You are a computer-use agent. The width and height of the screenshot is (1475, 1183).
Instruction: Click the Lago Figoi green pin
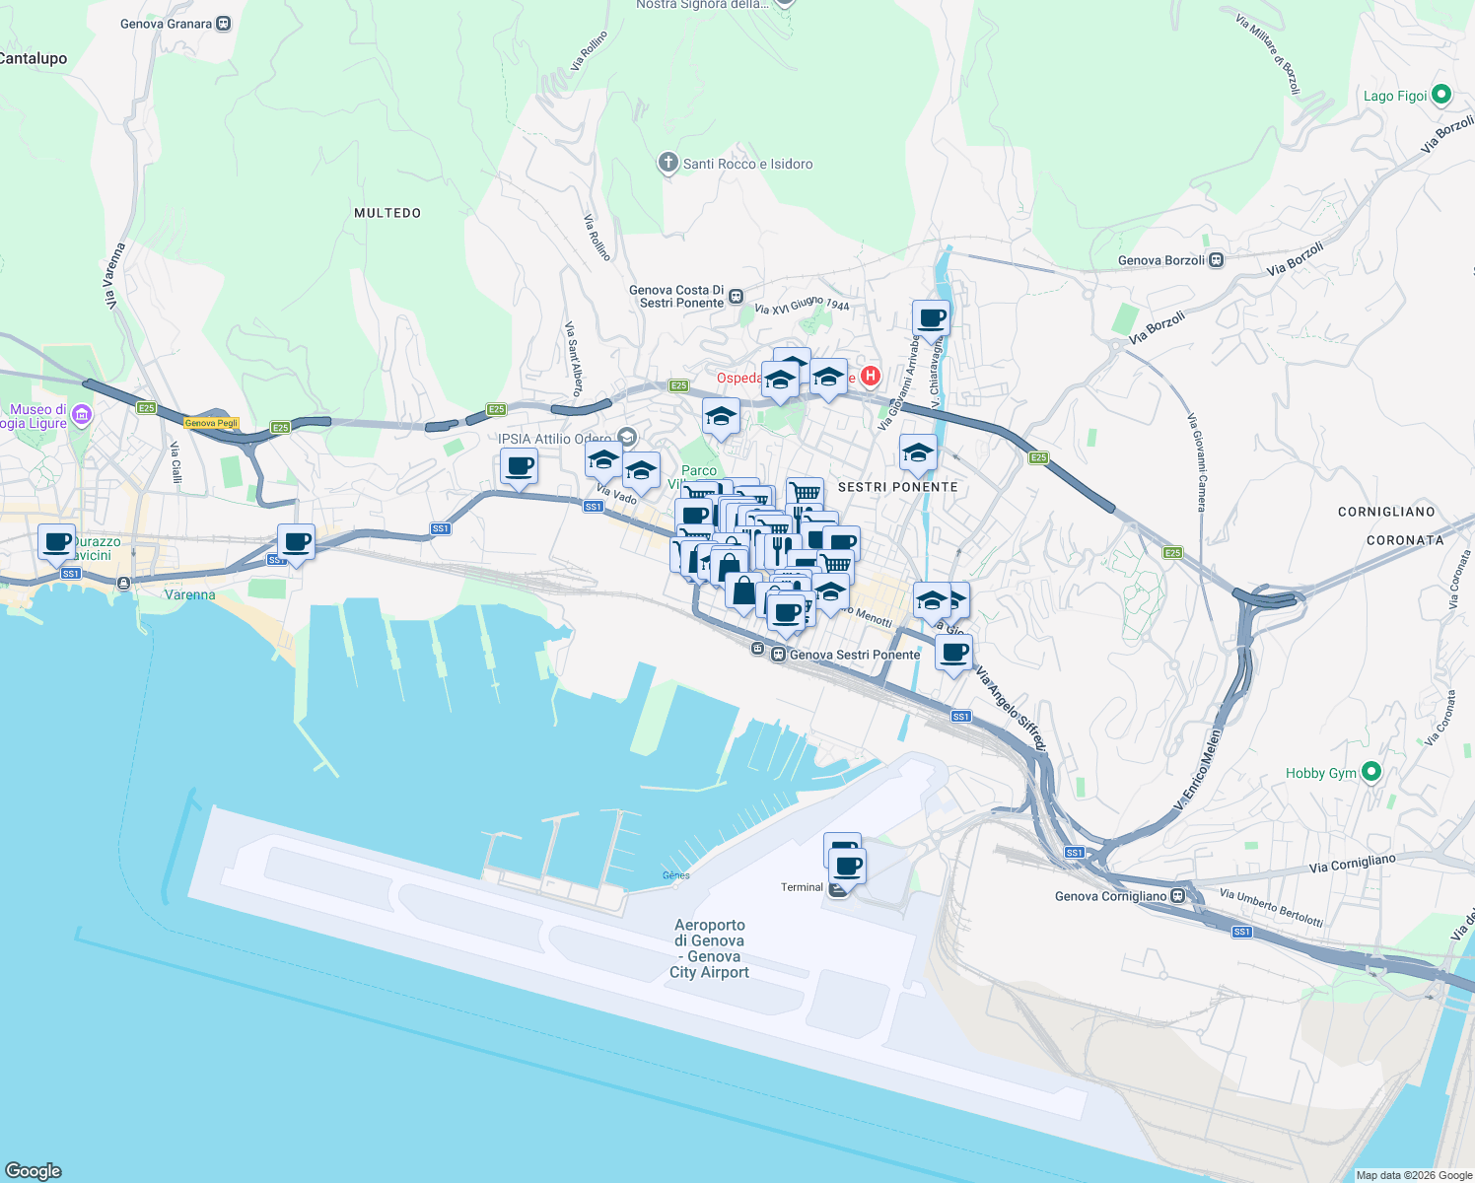(x=1441, y=95)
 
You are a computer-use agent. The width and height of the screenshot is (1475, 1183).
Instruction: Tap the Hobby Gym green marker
(x=1370, y=772)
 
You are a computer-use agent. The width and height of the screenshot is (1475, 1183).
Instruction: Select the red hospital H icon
(x=870, y=376)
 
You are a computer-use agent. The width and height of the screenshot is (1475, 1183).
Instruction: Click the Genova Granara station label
(x=166, y=24)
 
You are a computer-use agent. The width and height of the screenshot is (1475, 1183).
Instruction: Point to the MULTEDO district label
(x=387, y=213)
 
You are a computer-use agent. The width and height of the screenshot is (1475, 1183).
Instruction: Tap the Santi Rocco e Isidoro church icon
(x=667, y=163)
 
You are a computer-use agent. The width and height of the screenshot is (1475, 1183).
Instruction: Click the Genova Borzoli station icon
(x=1217, y=260)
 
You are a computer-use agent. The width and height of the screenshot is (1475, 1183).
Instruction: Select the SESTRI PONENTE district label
(x=897, y=487)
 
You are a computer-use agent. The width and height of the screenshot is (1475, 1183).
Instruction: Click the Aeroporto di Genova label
(x=710, y=948)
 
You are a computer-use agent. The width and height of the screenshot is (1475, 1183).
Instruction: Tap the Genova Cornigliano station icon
(x=1178, y=896)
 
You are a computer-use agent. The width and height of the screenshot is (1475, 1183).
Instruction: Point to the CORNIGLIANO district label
(x=1386, y=512)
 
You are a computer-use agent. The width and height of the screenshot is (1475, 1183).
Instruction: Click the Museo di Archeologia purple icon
(x=82, y=415)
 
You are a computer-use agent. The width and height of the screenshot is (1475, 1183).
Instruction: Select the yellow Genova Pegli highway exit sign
(x=212, y=423)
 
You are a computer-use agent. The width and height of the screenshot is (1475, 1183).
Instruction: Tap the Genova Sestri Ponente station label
(x=854, y=655)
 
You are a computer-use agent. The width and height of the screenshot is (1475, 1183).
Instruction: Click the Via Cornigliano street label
(x=1353, y=864)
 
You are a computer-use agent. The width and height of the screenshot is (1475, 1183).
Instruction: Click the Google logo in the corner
(x=33, y=1170)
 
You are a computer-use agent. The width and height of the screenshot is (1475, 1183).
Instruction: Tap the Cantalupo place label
(x=34, y=58)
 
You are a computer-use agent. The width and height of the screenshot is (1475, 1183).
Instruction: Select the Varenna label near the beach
(x=189, y=594)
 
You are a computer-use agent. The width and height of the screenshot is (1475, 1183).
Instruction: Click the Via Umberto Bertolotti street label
(x=1271, y=907)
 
